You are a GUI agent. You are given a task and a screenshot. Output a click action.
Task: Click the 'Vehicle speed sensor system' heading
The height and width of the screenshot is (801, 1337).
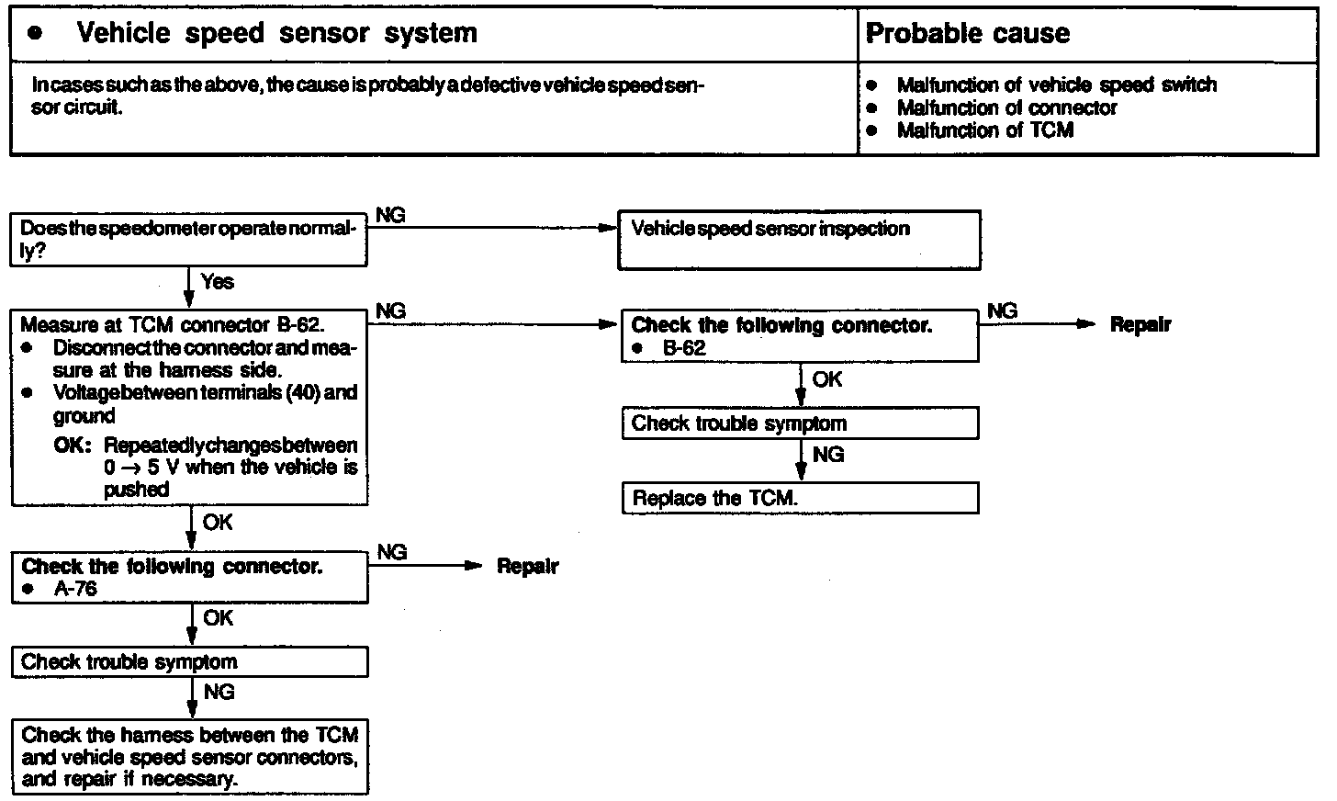pyautogui.click(x=276, y=34)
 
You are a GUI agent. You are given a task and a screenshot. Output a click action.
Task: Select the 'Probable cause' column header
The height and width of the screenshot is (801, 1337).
pyautogui.click(x=968, y=34)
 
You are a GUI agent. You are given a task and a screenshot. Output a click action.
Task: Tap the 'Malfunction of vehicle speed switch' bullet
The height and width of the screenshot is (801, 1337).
pyautogui.click(x=1056, y=85)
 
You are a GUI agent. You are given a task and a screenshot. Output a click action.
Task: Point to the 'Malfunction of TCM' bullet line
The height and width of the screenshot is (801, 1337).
pyautogui.click(x=984, y=130)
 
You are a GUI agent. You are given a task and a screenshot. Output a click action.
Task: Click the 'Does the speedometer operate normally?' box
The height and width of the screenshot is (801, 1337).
pyautogui.click(x=188, y=240)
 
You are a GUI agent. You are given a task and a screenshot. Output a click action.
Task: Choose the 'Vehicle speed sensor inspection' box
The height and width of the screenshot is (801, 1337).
pyautogui.click(x=799, y=240)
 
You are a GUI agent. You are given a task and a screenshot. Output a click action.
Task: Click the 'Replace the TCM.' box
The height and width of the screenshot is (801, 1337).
pyautogui.click(x=799, y=499)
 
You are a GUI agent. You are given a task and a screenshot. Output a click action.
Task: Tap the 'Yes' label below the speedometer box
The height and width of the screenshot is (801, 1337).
pyautogui.click(x=217, y=281)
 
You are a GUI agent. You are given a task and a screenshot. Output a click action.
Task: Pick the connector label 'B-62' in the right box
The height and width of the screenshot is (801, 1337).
pyautogui.click(x=684, y=349)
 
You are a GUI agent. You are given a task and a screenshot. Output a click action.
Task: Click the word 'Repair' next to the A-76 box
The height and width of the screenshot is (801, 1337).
pyautogui.click(x=527, y=566)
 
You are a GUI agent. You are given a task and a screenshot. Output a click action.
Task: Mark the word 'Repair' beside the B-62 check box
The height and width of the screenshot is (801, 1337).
pyautogui.click(x=1140, y=324)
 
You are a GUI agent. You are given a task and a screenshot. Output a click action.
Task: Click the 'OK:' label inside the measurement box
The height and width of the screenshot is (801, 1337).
pyautogui.click(x=73, y=446)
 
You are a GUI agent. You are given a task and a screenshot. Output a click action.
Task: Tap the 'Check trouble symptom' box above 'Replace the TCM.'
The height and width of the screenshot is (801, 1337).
pyautogui.click(x=799, y=423)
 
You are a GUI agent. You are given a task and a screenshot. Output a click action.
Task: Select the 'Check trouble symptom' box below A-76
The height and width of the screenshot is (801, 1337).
pyautogui.click(x=189, y=662)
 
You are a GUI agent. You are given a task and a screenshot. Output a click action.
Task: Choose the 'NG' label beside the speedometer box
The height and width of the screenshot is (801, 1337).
pyautogui.click(x=390, y=215)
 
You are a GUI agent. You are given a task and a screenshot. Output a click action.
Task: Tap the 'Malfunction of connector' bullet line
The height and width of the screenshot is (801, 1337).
pyautogui.click(x=1006, y=108)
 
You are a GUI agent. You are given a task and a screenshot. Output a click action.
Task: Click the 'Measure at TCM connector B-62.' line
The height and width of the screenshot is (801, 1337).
pyautogui.click(x=173, y=325)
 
